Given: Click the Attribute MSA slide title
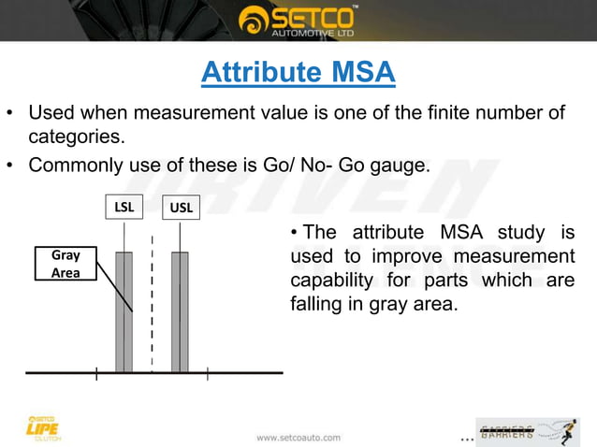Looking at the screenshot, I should point(298,72).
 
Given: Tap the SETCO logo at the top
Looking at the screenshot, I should point(298,20).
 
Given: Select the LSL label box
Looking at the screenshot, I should point(124,207).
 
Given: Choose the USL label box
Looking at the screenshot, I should point(181,208).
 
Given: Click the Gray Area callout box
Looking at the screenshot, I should point(66,263).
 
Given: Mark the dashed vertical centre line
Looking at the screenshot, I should point(152,299).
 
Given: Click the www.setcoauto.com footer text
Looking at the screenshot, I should point(298,437).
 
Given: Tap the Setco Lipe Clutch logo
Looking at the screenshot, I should point(43,427).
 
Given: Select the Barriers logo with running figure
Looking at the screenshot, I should point(527,431).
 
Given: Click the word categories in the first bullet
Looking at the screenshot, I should point(76,138).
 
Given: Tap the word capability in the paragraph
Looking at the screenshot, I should point(333,280).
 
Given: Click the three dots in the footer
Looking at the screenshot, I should point(467,439).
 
